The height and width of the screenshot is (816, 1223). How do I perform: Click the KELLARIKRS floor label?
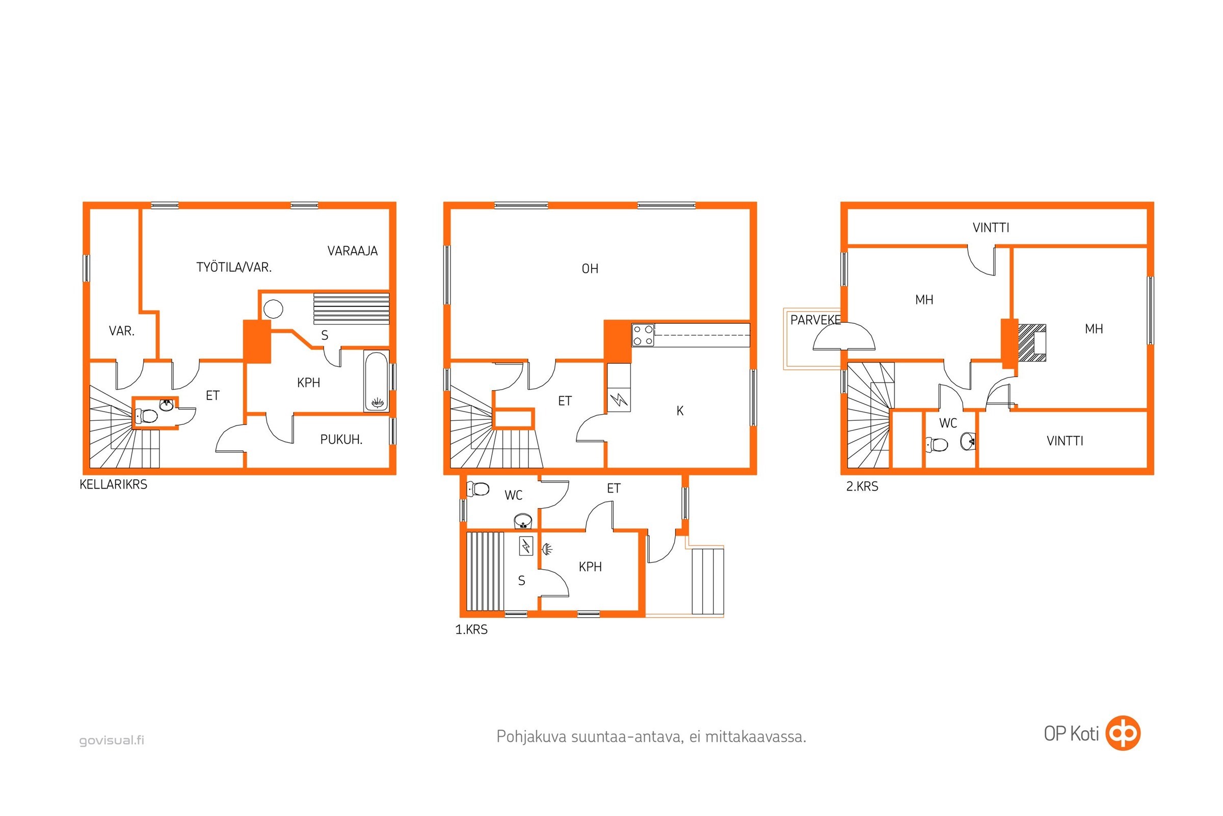pyautogui.click(x=113, y=484)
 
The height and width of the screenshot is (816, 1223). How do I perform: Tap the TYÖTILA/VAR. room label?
pyautogui.click(x=234, y=267)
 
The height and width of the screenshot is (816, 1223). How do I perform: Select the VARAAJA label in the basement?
pyautogui.click(x=353, y=251)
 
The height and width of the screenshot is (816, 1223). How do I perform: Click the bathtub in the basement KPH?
pyautogui.click(x=376, y=381)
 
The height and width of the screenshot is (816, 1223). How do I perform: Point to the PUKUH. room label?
pyautogui.click(x=341, y=440)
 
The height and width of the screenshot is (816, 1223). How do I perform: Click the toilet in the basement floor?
pyautogui.click(x=146, y=416)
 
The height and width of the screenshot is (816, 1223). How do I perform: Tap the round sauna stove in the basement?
pyautogui.click(x=273, y=309)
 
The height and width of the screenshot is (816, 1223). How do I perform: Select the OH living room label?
pyautogui.click(x=590, y=269)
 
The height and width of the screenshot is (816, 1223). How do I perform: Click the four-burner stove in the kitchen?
pyautogui.click(x=643, y=335)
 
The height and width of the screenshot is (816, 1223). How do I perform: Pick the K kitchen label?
pyautogui.click(x=680, y=411)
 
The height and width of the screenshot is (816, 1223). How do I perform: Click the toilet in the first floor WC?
pyautogui.click(x=478, y=489)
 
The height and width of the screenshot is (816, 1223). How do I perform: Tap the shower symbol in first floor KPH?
pyautogui.click(x=547, y=549)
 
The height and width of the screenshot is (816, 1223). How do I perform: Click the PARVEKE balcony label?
pyautogui.click(x=815, y=320)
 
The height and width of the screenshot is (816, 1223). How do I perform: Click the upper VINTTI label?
pyautogui.click(x=991, y=227)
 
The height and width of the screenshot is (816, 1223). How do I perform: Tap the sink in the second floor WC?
pyautogui.click(x=968, y=441)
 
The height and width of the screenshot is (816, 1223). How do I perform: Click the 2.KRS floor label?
pyautogui.click(x=862, y=487)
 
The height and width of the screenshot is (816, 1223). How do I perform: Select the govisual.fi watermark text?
pyautogui.click(x=112, y=740)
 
